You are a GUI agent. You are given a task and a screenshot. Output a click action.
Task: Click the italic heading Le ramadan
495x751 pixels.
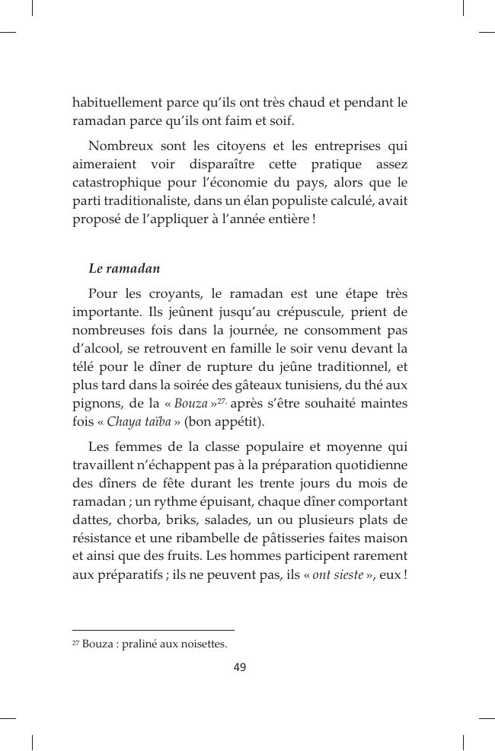point(124,268)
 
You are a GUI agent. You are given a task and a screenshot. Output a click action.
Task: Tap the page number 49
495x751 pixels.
point(240,668)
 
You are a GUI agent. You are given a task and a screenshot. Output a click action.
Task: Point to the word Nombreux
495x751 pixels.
point(121,145)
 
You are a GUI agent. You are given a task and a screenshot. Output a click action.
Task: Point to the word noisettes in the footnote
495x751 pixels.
point(199,644)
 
